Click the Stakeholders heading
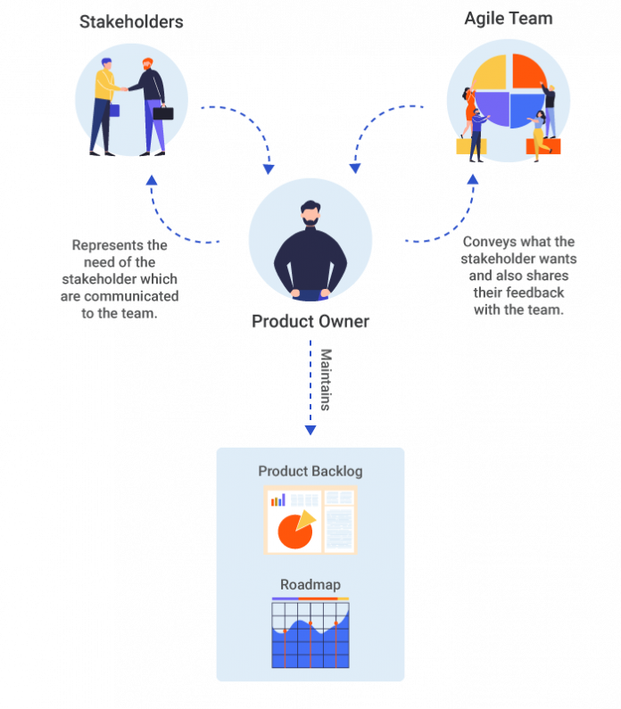[x=131, y=21]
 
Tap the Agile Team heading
[x=509, y=18]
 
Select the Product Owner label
[x=310, y=321]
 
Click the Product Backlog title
[x=310, y=471]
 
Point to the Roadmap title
[x=310, y=585]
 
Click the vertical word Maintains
[x=326, y=380]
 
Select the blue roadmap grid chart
[x=310, y=635]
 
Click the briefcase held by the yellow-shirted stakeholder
[x=113, y=111]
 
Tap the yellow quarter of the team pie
[x=492, y=73]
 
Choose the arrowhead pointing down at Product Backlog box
[x=310, y=431]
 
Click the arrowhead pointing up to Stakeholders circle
[x=152, y=179]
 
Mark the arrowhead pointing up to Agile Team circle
[x=472, y=179]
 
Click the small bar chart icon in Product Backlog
[x=278, y=499]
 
